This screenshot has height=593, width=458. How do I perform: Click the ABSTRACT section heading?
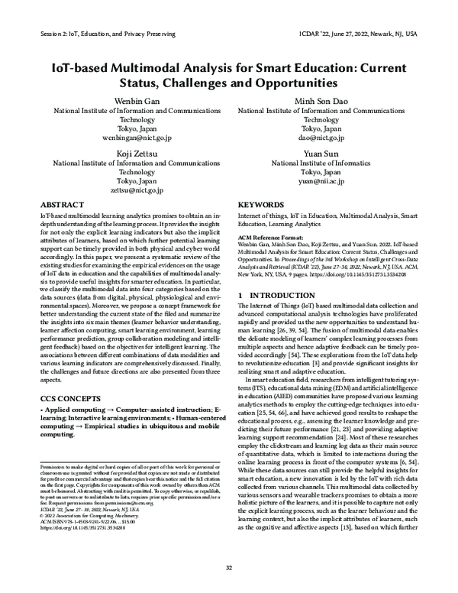click(61, 206)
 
